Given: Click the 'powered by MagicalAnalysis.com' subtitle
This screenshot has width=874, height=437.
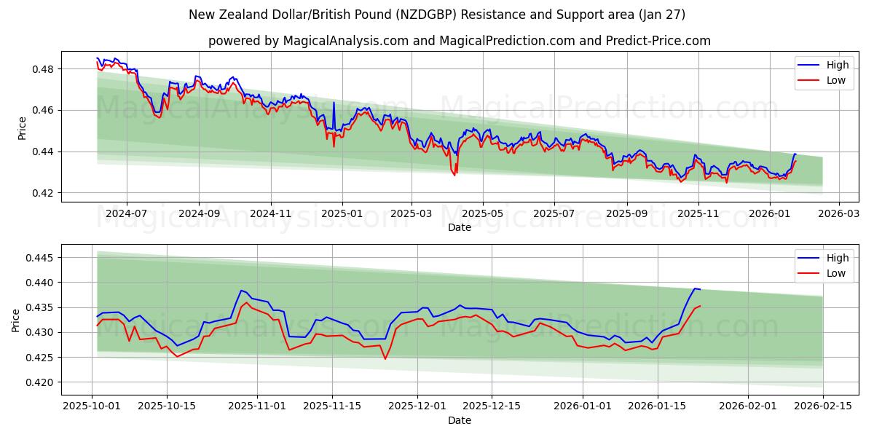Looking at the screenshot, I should pyautogui.click(x=459, y=41).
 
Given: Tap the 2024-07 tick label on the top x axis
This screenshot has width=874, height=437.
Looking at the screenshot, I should pyautogui.click(x=127, y=213).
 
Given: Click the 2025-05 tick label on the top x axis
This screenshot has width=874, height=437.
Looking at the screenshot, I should pyautogui.click(x=483, y=213).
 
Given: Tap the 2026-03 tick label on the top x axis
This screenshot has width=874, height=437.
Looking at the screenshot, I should pyautogui.click(x=839, y=213).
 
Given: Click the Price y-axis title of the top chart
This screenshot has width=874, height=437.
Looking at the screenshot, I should pyautogui.click(x=22, y=127).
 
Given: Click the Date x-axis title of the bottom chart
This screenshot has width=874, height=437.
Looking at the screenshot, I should pyautogui.click(x=459, y=420).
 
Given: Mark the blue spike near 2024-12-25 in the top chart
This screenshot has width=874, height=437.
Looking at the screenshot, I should pyautogui.click(x=334, y=103).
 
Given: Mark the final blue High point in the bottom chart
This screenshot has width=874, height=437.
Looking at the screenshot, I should pyautogui.click(x=699, y=289).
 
